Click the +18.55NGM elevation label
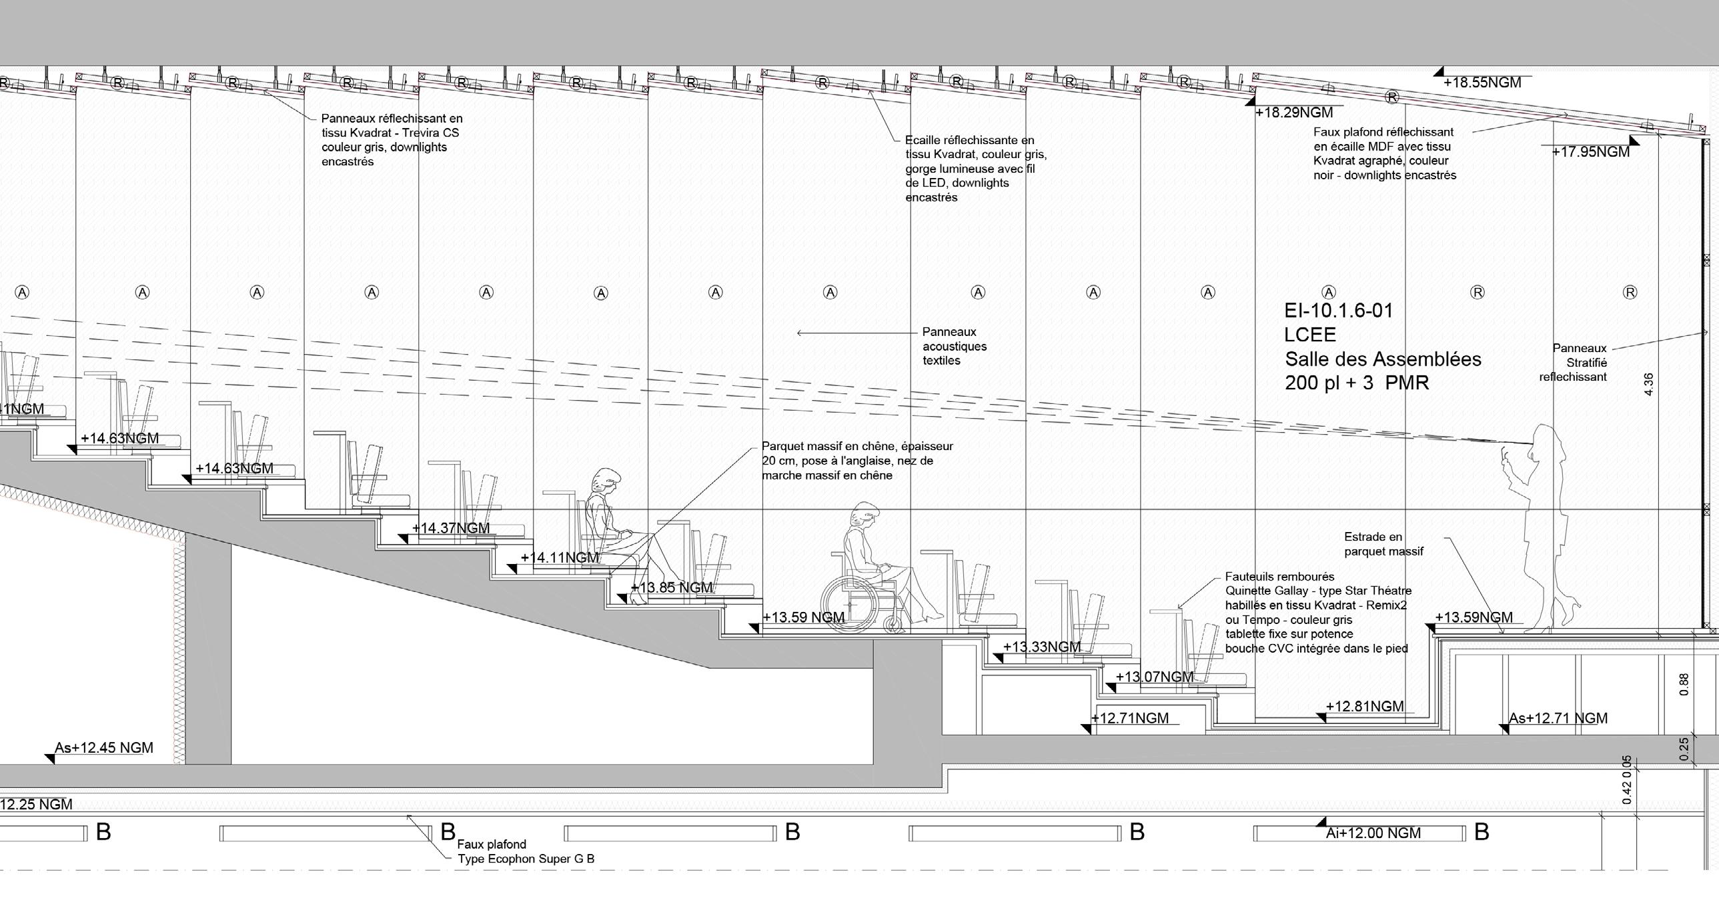[x=1482, y=83]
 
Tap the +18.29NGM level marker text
[x=1294, y=113]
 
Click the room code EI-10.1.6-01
[x=1338, y=311]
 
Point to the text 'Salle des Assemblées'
[x=1383, y=359]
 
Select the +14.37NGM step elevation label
[x=451, y=529]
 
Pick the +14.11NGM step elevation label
[x=559, y=558]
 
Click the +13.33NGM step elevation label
[x=1042, y=647]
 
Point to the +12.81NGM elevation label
[x=1364, y=707]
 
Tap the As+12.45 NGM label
[x=104, y=748]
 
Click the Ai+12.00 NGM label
[x=1373, y=833]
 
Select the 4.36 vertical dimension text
[x=1648, y=384]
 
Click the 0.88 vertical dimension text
[x=1684, y=685]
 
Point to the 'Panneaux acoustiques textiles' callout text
[x=955, y=346]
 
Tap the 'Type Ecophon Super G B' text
[x=526, y=859]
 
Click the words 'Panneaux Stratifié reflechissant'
[x=1575, y=362]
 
